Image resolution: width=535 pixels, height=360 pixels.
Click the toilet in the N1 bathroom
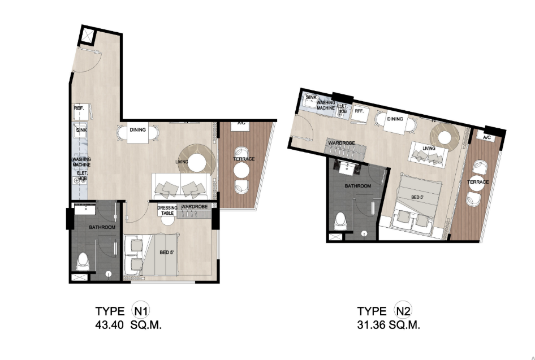(83, 262)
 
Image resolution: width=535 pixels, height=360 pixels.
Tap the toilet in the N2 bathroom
(341, 221)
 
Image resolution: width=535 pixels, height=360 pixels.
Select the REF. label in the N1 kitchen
(79, 108)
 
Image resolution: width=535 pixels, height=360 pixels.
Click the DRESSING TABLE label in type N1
(167, 210)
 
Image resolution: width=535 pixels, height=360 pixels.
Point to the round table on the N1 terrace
(241, 170)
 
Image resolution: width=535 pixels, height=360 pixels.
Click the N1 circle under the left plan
(141, 311)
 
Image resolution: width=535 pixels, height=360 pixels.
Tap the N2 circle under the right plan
(403, 311)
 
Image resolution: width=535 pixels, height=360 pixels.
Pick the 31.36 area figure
(371, 325)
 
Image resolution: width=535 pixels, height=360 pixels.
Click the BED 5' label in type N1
(167, 253)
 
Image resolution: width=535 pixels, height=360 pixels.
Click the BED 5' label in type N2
(417, 197)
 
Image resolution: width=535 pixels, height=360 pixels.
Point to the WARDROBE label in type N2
(342, 143)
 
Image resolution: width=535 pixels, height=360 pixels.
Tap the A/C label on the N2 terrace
(487, 137)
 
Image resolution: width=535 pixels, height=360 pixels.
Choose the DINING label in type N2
(395, 119)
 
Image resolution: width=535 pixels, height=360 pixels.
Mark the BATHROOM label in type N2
(357, 186)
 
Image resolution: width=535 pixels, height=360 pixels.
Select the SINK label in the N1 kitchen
(81, 130)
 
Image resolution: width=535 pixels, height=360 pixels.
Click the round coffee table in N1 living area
(197, 163)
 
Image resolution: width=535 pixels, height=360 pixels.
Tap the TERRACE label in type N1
(244, 159)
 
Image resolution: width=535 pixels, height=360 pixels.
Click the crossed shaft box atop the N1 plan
(88, 35)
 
